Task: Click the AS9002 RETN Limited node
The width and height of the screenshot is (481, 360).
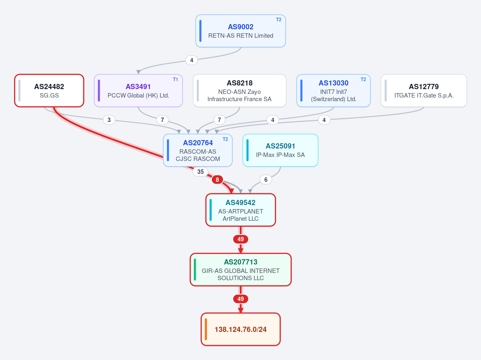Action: [241, 31]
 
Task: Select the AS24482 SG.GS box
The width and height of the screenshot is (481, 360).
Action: [49, 91]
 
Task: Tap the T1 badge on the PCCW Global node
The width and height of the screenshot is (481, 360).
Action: [175, 79]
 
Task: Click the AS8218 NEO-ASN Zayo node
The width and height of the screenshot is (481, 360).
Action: [239, 91]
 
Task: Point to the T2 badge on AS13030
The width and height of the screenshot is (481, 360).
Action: [363, 79]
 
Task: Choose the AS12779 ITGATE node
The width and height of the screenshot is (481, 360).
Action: [424, 91]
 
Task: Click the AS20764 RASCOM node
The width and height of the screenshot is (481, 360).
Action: [197, 151]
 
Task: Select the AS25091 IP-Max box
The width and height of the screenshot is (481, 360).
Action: [280, 151]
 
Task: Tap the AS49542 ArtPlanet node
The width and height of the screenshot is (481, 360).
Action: [241, 210]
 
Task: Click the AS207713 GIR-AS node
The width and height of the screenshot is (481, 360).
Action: [241, 270]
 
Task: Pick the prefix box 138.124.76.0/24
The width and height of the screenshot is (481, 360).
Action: [241, 329]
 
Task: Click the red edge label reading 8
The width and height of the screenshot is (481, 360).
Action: [217, 179]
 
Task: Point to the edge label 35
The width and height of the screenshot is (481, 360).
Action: [200, 171]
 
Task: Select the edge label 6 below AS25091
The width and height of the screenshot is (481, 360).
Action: [266, 179]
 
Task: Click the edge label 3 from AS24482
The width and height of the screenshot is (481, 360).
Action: [109, 120]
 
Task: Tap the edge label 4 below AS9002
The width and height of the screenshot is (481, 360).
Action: [191, 60]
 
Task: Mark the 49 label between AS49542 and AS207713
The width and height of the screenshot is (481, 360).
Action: [241, 239]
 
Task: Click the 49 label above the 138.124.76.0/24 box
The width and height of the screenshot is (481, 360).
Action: [241, 299]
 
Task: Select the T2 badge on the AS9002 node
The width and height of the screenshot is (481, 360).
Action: [278, 20]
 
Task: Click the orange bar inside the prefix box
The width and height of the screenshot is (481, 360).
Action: [206, 329]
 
